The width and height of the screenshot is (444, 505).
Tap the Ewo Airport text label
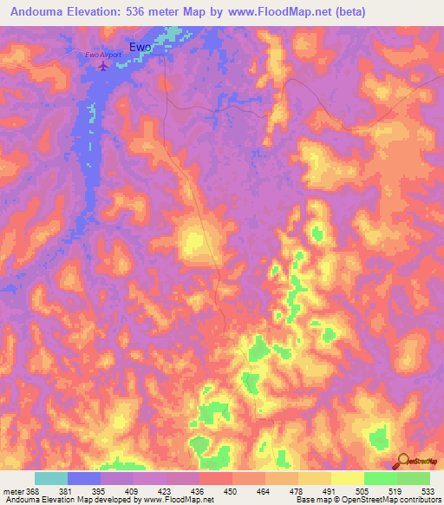(102, 56)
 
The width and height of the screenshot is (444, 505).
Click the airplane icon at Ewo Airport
(105, 66)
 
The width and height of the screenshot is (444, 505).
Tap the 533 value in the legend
(428, 491)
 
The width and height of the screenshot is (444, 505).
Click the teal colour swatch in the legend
(51, 478)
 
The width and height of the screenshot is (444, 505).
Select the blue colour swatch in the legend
(84, 478)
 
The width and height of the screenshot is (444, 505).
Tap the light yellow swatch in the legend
(347, 478)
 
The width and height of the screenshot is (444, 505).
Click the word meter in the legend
(14, 491)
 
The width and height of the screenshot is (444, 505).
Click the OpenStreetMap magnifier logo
(404, 460)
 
